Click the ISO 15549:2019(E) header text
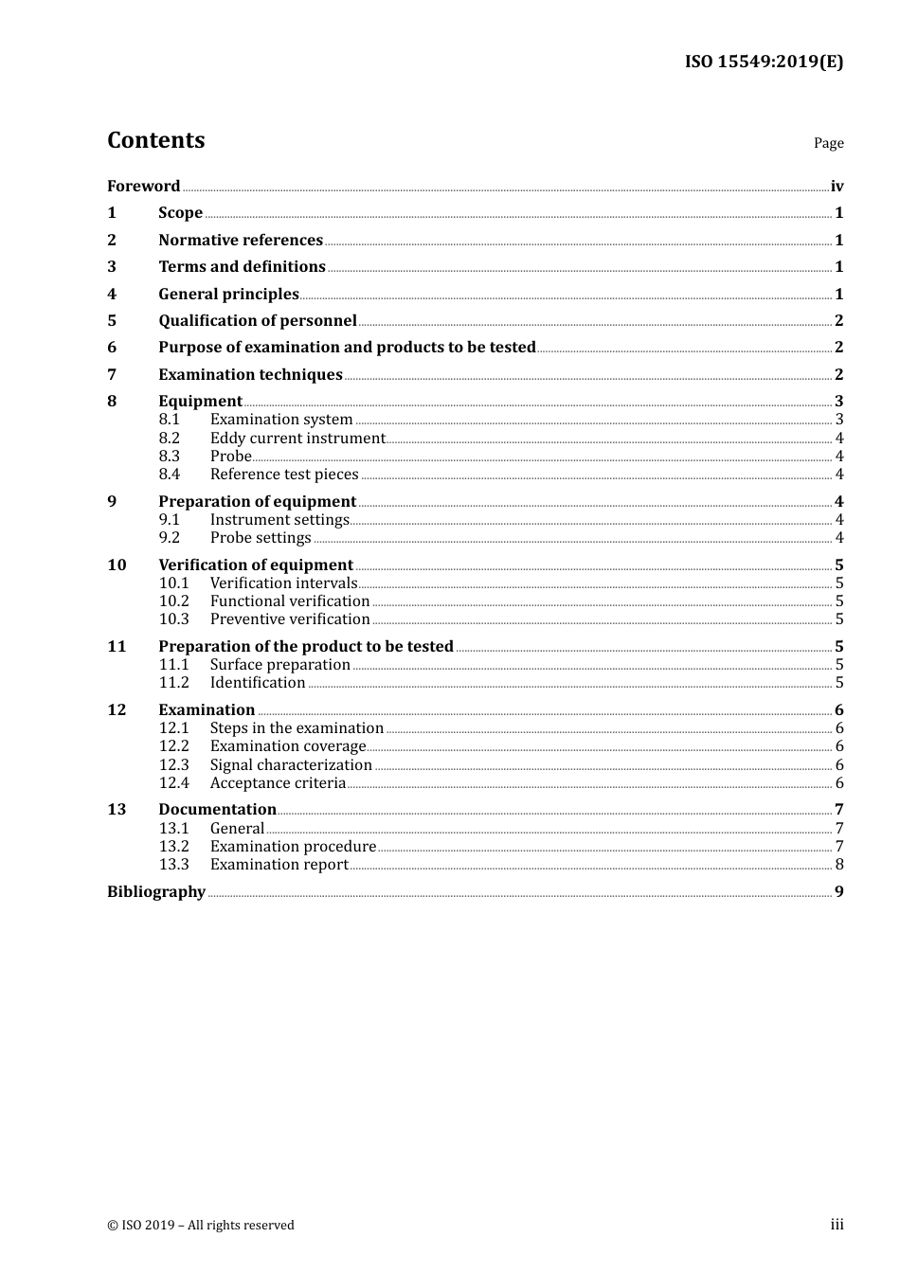tap(764, 62)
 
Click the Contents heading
tap(155, 140)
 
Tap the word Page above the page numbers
tap(828, 143)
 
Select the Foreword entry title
tap(143, 186)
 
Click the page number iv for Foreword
tap(837, 187)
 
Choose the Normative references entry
tap(241, 240)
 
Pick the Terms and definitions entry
tap(242, 266)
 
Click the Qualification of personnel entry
tap(258, 320)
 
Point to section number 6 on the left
tap(112, 347)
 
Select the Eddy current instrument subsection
tap(297, 438)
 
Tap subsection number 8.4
tap(170, 474)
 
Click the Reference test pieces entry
tap(284, 474)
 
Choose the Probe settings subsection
tap(261, 537)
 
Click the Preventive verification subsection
tap(290, 619)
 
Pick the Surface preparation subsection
tap(280, 664)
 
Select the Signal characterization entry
tap(291, 764)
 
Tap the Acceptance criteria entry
tap(278, 782)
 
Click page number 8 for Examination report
tap(839, 864)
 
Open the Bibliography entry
tap(156, 891)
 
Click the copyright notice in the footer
tap(201, 1225)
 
